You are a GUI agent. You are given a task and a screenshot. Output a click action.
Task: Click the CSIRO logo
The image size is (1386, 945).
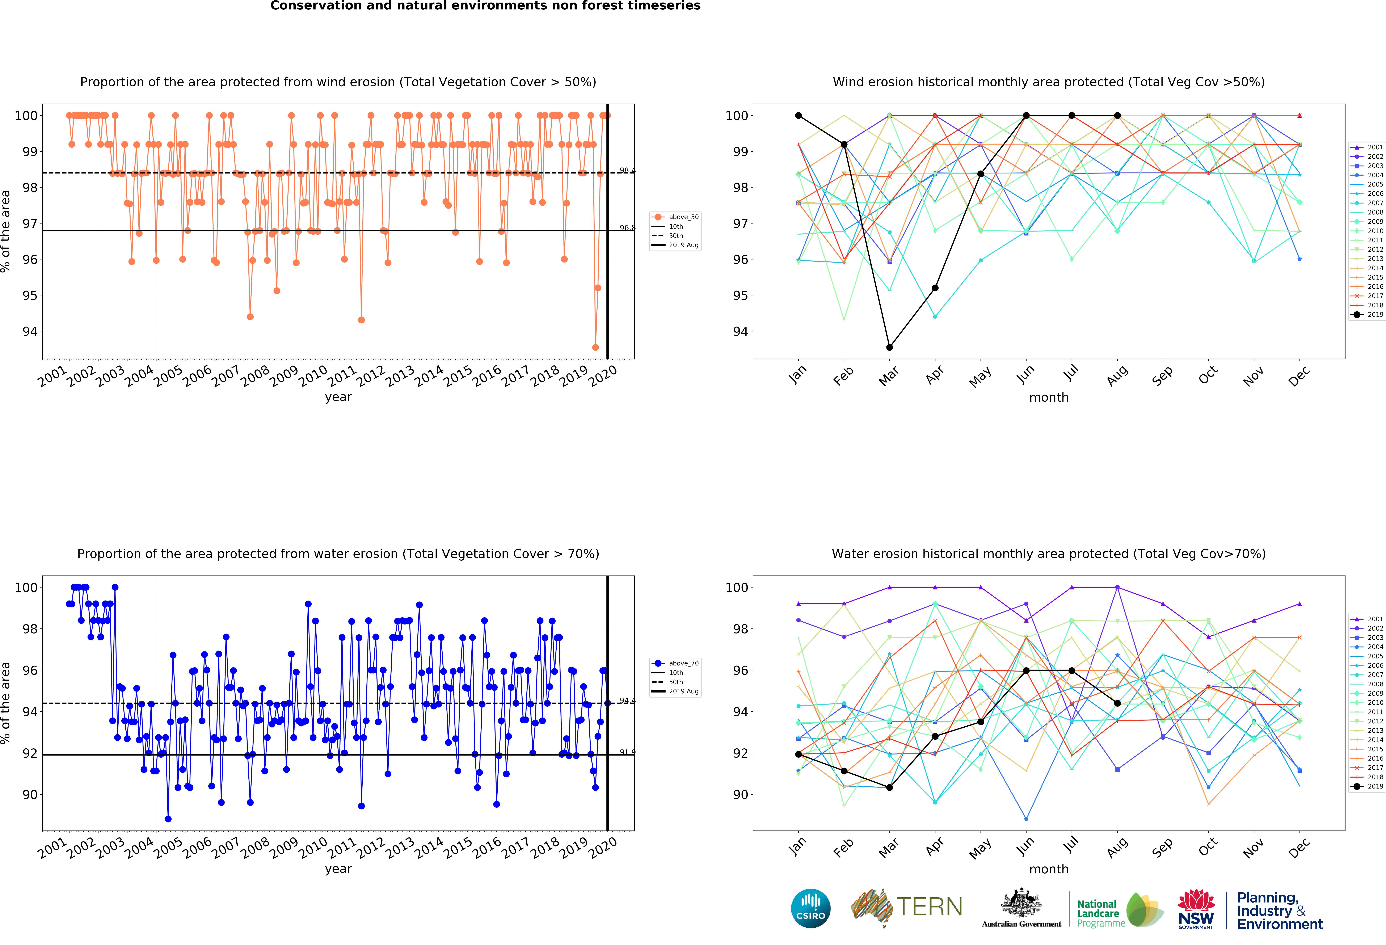click(x=810, y=909)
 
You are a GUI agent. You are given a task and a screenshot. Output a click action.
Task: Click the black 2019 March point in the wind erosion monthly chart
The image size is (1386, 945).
click(x=889, y=347)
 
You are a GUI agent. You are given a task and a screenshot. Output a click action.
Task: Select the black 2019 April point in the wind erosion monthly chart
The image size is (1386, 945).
click(x=935, y=288)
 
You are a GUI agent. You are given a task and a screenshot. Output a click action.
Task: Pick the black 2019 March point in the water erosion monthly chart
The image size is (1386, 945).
click(x=889, y=787)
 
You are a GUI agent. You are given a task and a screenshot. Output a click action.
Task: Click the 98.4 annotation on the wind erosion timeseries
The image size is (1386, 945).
click(x=627, y=171)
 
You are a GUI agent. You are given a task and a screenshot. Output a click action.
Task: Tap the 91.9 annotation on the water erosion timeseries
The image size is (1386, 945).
click(x=627, y=752)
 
